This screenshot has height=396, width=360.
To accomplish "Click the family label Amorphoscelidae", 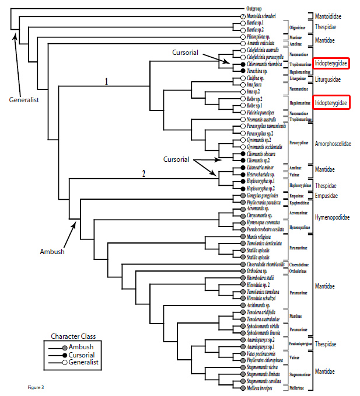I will point(333,143).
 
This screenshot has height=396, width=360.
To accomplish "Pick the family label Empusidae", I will point(327,196).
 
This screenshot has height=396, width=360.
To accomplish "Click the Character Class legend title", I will point(74,336).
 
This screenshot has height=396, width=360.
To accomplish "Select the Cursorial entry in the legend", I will point(82,355).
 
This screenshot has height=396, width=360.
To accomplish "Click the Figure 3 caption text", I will point(36,387).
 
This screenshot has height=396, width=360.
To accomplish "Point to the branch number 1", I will point(106,82).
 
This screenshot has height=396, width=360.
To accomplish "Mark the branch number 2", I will point(142,172).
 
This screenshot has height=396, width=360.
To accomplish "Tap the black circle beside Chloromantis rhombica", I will point(235,64).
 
